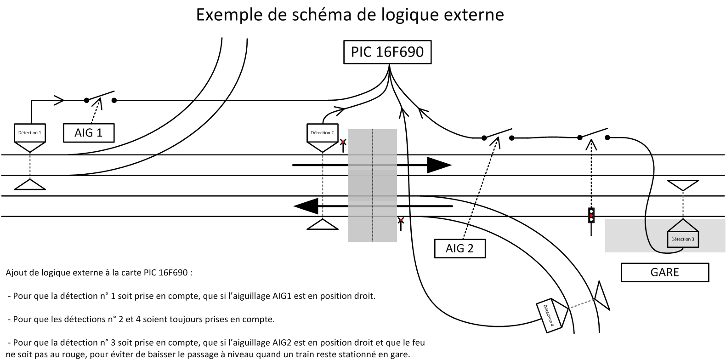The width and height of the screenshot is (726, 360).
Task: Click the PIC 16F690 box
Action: (387, 52)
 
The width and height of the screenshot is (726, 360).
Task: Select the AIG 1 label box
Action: (89, 133)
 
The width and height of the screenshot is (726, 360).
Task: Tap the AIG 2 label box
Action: (459, 249)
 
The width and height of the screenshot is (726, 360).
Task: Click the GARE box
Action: (664, 272)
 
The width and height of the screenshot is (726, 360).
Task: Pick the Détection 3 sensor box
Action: (682, 238)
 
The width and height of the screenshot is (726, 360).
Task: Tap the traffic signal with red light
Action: (591, 215)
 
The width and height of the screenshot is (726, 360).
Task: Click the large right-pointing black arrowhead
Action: (439, 165)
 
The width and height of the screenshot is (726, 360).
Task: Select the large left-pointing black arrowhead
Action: (306, 206)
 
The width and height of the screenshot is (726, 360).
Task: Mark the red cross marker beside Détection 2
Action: (343, 143)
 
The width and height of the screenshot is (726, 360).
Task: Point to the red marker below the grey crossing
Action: (401, 221)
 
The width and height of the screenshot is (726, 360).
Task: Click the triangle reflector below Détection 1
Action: (30, 185)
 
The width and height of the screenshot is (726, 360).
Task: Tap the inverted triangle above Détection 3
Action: (682, 185)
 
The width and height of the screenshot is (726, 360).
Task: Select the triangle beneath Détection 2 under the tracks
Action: (322, 225)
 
